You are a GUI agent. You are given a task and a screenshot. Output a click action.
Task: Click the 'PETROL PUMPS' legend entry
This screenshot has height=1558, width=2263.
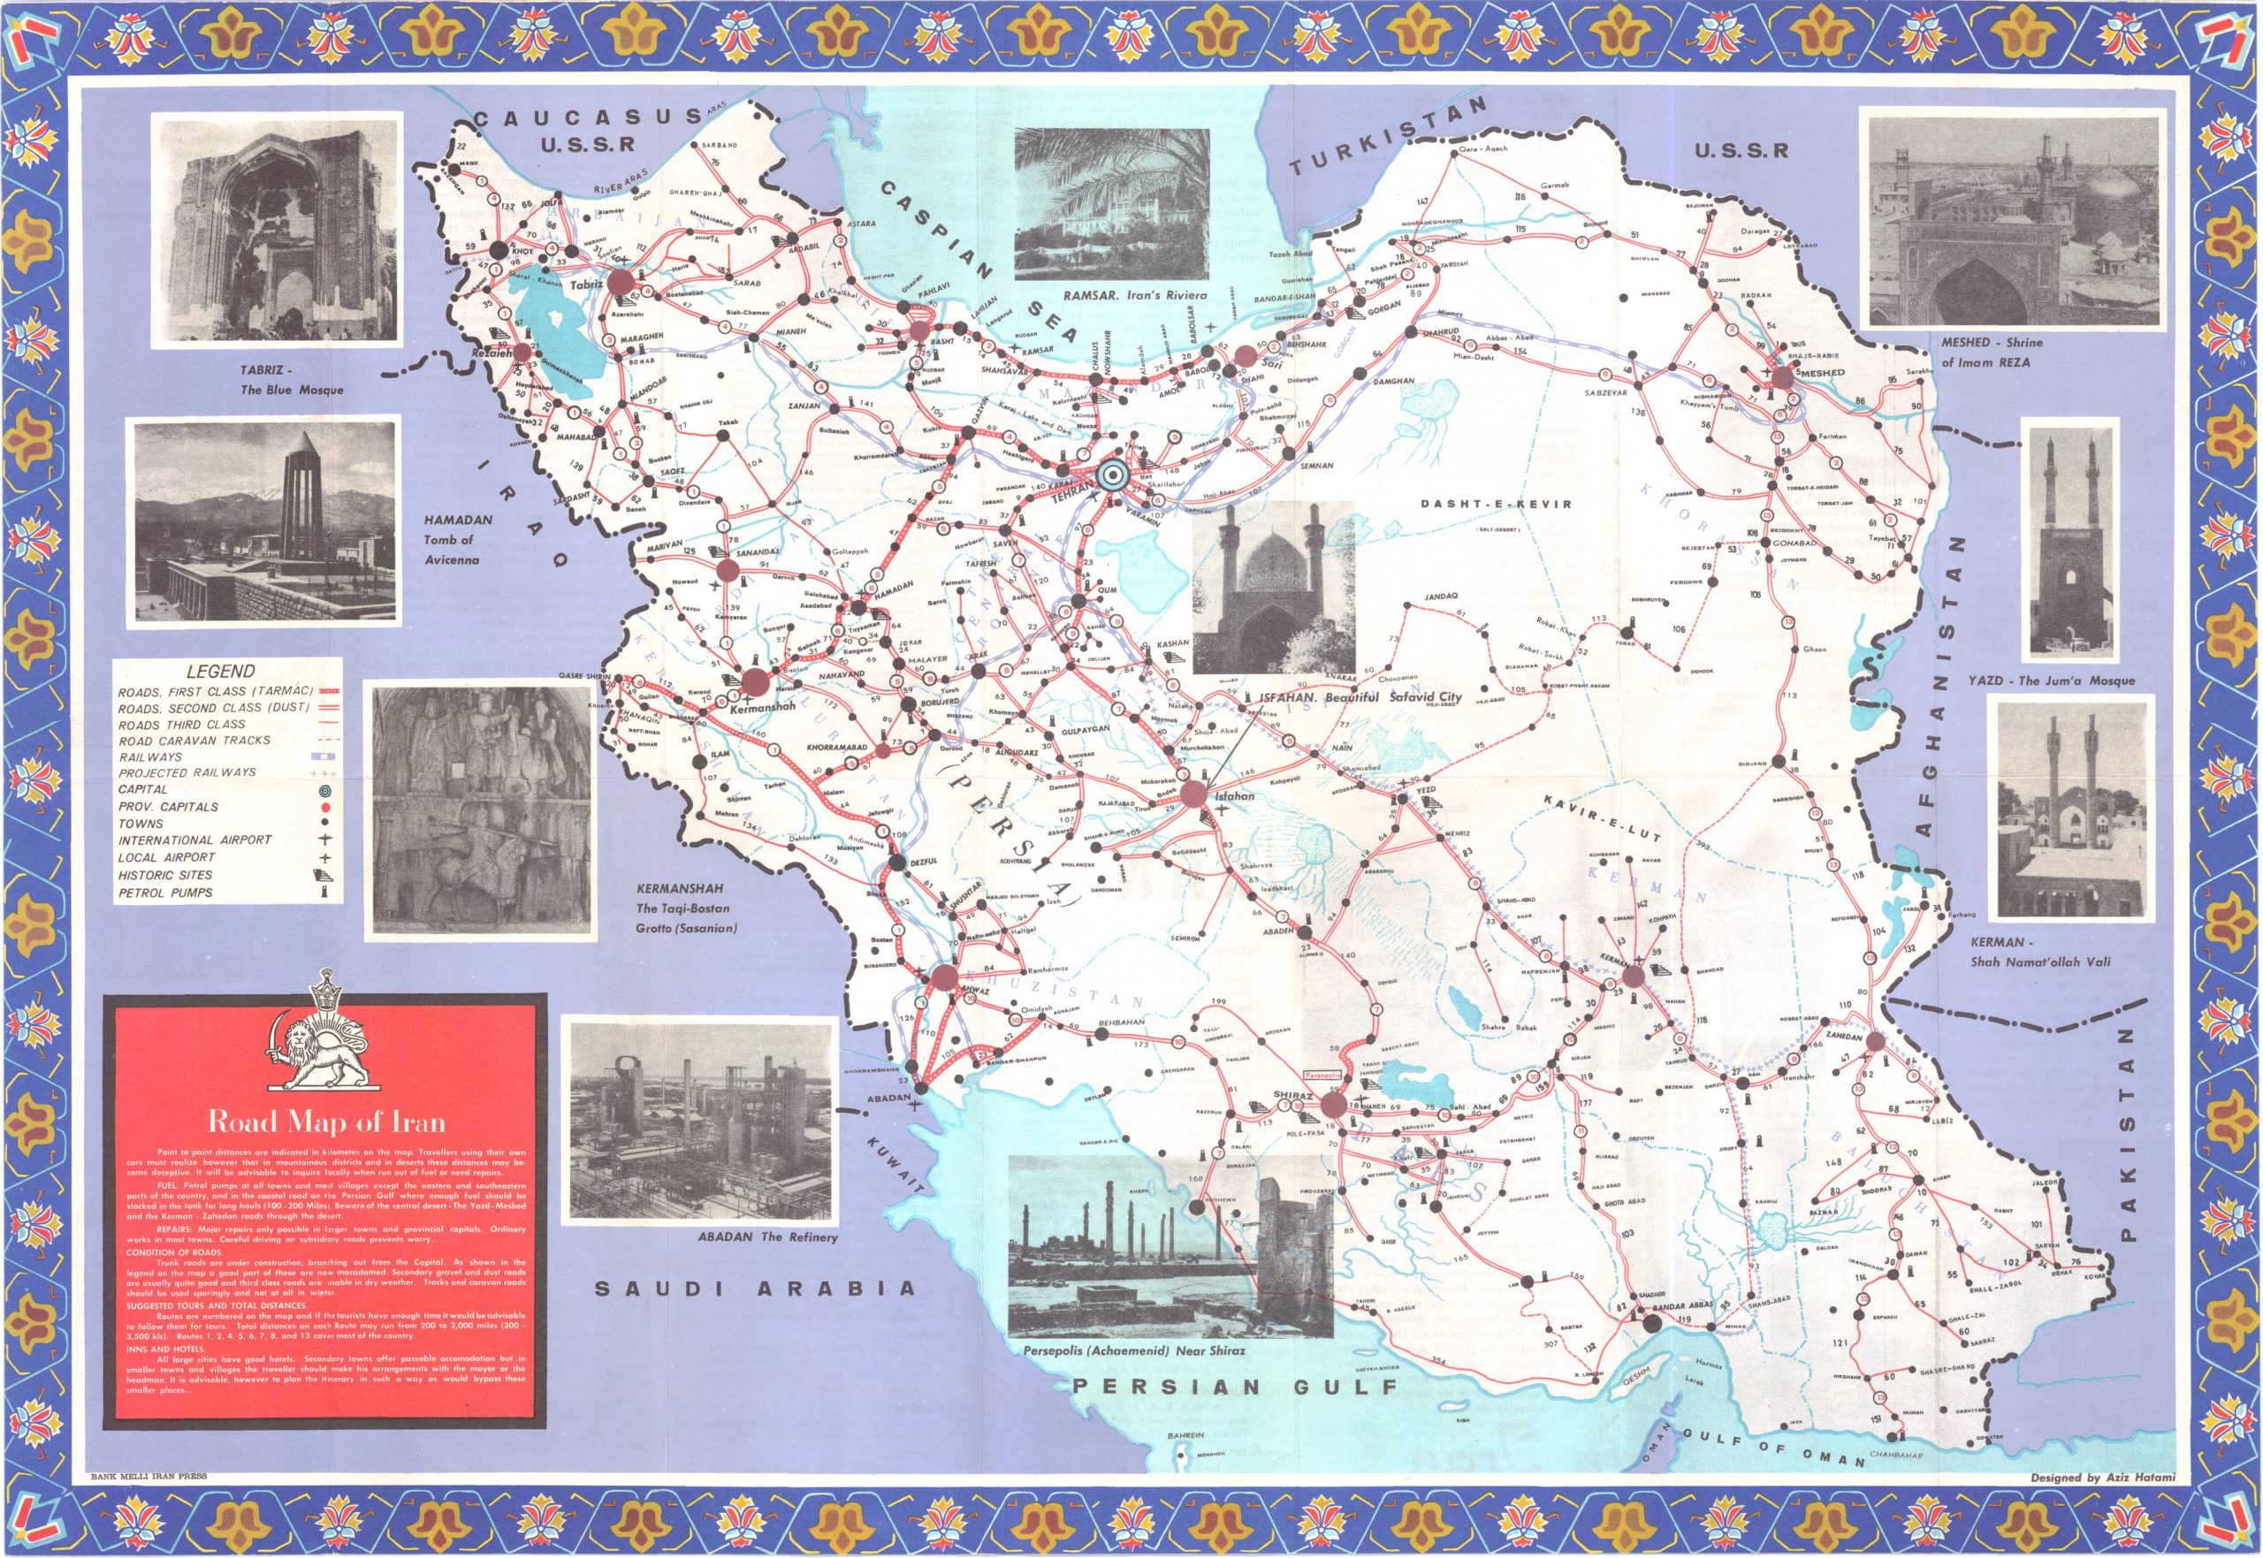point(165,893)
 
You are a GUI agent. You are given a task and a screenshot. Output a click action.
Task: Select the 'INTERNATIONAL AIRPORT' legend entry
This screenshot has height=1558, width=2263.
point(194,840)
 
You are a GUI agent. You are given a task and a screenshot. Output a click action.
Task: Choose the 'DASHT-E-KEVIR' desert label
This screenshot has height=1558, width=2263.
point(1503,505)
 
